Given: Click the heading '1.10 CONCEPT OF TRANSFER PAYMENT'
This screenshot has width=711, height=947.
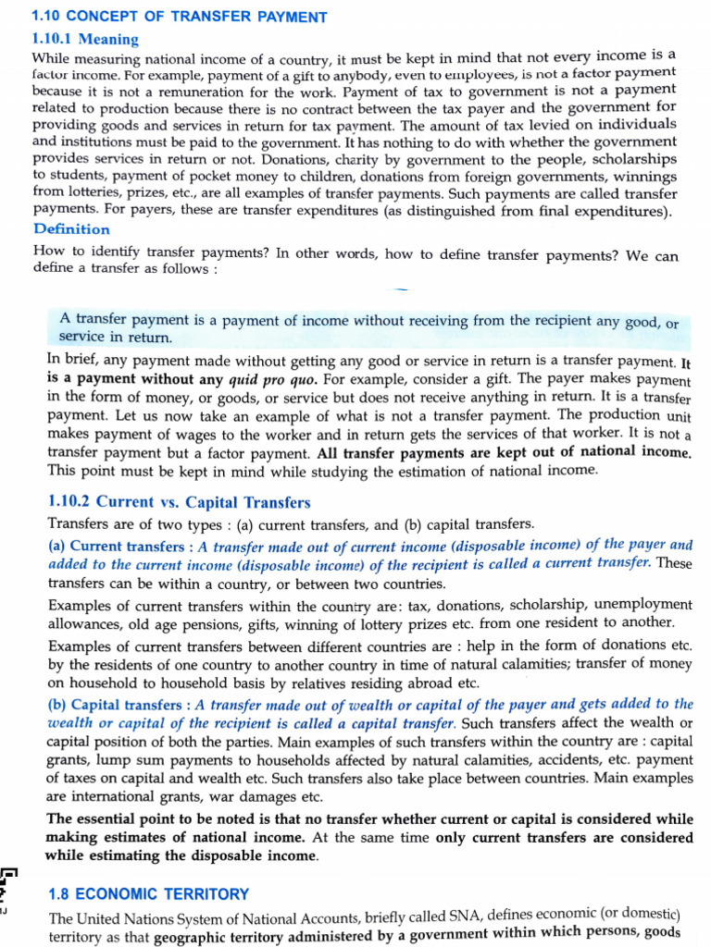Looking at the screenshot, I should coord(180,17).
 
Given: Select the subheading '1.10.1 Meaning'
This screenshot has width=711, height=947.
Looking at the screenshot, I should coord(85,39).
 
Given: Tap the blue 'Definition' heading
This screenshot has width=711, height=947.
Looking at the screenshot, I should coord(71,228).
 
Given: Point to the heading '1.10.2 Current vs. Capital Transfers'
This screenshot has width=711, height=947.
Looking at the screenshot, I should coord(179,502).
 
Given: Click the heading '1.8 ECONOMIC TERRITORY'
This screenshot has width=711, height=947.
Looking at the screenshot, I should coord(148,893).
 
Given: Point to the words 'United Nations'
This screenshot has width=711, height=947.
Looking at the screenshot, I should coord(122,918).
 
